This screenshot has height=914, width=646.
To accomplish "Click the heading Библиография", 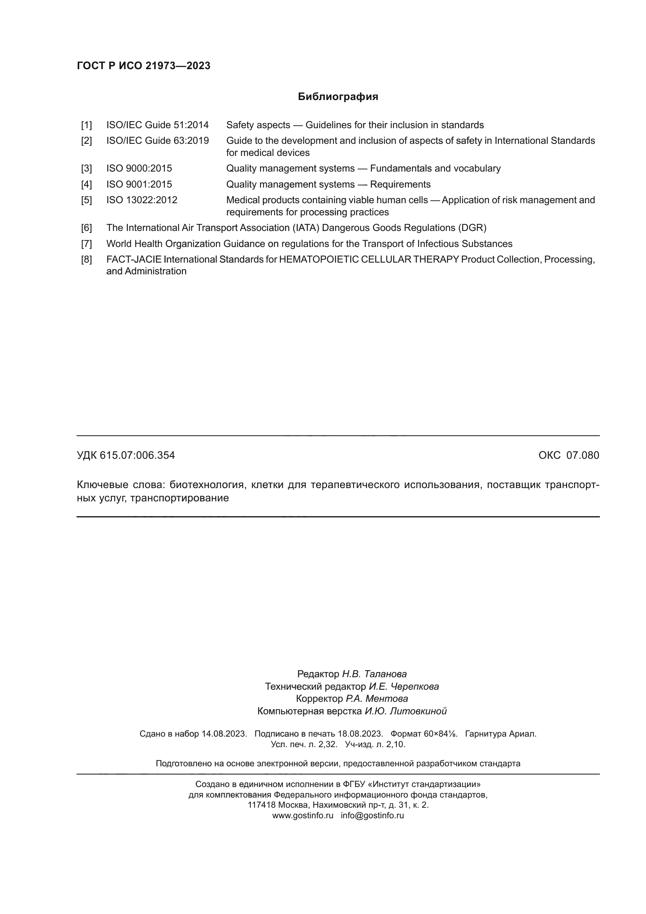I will [338, 97].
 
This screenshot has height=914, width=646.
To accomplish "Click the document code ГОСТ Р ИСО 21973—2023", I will [143, 66].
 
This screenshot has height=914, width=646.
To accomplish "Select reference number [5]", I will [86, 200].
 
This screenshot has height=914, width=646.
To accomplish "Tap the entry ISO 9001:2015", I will [139, 184].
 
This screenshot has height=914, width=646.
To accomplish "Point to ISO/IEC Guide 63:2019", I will [157, 141].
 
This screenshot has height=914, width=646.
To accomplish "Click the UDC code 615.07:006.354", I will [137, 455].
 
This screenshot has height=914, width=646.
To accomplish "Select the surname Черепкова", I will [415, 686].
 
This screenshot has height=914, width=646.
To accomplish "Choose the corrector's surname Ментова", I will [386, 699].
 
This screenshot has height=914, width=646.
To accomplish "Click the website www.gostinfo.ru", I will [303, 815].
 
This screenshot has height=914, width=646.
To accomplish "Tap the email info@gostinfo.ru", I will [372, 815].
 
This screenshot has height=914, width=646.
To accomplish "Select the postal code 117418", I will [261, 805].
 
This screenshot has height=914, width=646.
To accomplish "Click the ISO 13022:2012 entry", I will [142, 200].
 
